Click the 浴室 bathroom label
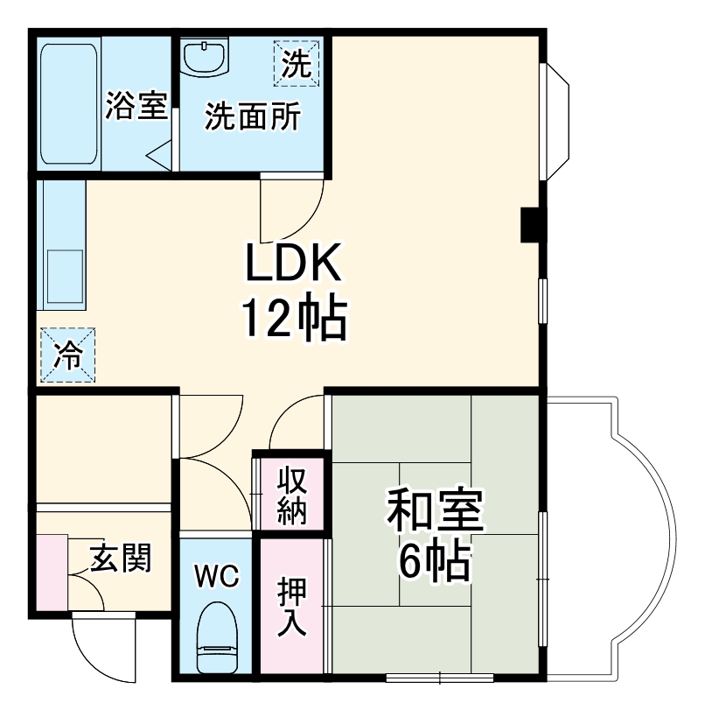[136, 106]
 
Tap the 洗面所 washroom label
[252, 116]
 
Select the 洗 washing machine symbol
[298, 63]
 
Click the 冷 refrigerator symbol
[66, 355]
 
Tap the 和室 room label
[435, 512]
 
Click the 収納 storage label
[291, 496]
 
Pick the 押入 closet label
[291, 607]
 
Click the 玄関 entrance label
[121, 557]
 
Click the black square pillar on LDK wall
[530, 225]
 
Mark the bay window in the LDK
[556, 123]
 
